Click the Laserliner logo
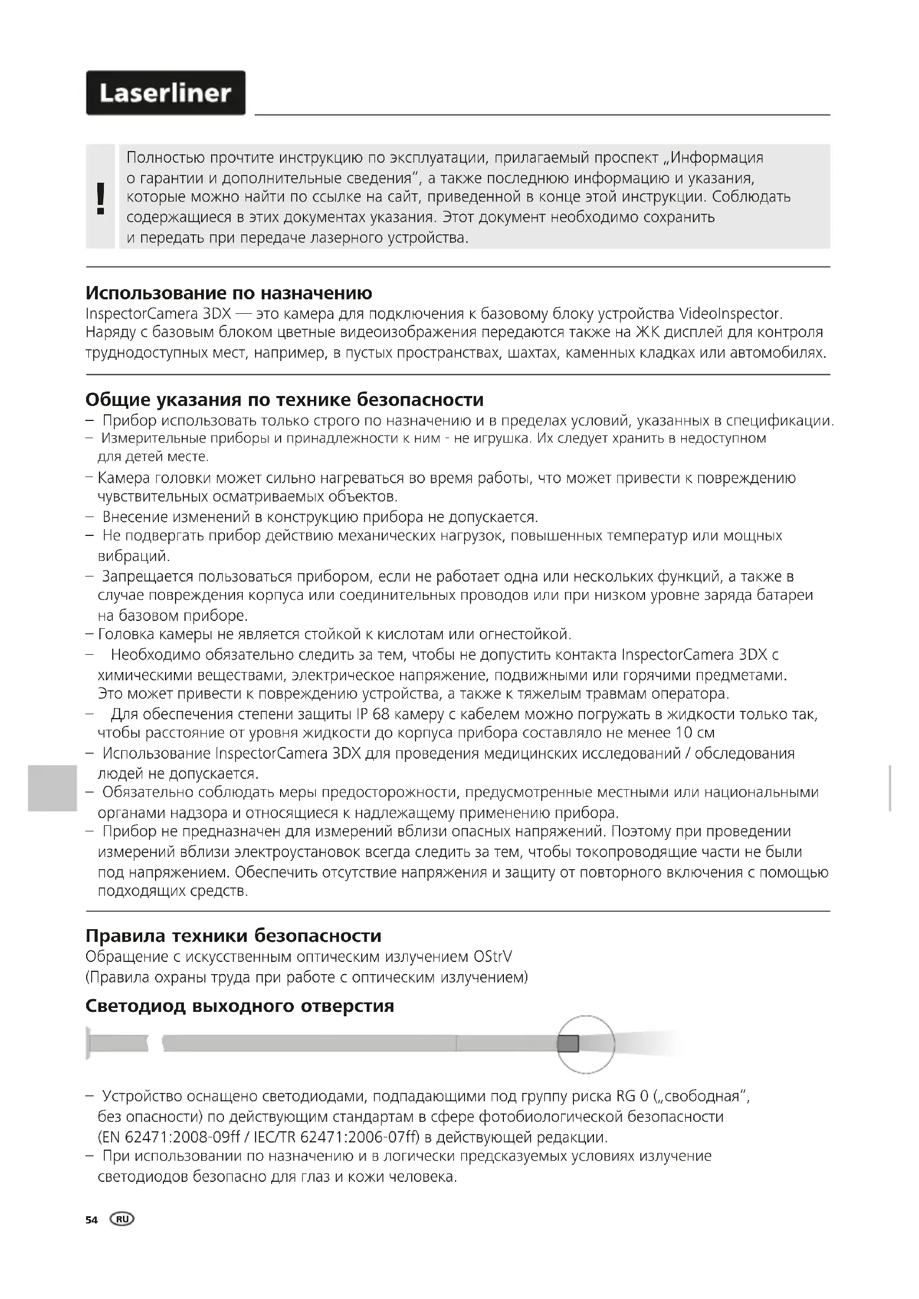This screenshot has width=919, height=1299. (165, 93)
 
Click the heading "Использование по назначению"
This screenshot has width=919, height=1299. (228, 293)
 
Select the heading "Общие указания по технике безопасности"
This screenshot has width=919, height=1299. (284, 400)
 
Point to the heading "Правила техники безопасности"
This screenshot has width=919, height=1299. (233, 936)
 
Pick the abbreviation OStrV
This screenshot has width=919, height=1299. (492, 957)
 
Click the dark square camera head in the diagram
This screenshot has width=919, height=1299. (568, 1044)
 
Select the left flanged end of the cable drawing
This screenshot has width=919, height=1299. (89, 1043)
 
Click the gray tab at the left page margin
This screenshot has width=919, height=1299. (52, 788)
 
